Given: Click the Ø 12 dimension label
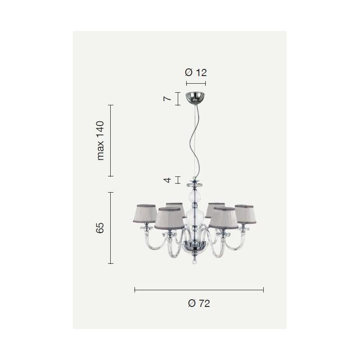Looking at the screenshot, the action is pos(196,72).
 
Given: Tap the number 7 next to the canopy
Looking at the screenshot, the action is pos(167,99).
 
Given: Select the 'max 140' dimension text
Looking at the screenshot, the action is pos(100,140).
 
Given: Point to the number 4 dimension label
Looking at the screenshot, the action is pos(168,180).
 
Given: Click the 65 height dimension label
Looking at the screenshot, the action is pos(100,228).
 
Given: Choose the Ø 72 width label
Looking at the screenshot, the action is pos(199,303).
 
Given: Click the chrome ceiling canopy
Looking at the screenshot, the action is pos(196,97).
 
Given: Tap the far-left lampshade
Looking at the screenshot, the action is pos(145,213).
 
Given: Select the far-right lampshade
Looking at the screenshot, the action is pos(245,214).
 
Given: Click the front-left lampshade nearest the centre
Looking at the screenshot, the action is pos(169,218).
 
